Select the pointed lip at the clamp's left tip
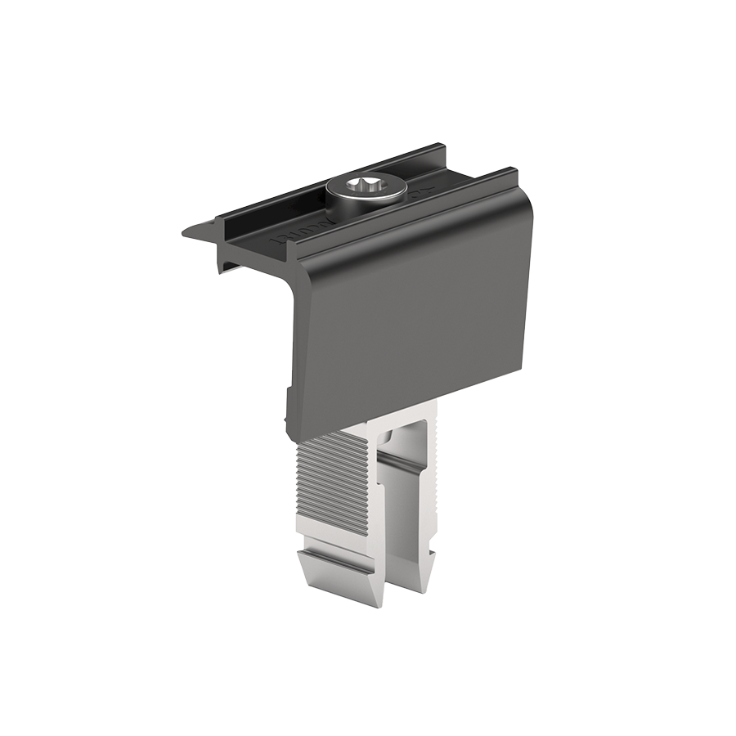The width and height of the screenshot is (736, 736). [190, 232]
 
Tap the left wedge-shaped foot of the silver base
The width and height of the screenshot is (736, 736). [339, 572]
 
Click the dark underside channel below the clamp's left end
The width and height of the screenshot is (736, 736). [245, 260]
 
